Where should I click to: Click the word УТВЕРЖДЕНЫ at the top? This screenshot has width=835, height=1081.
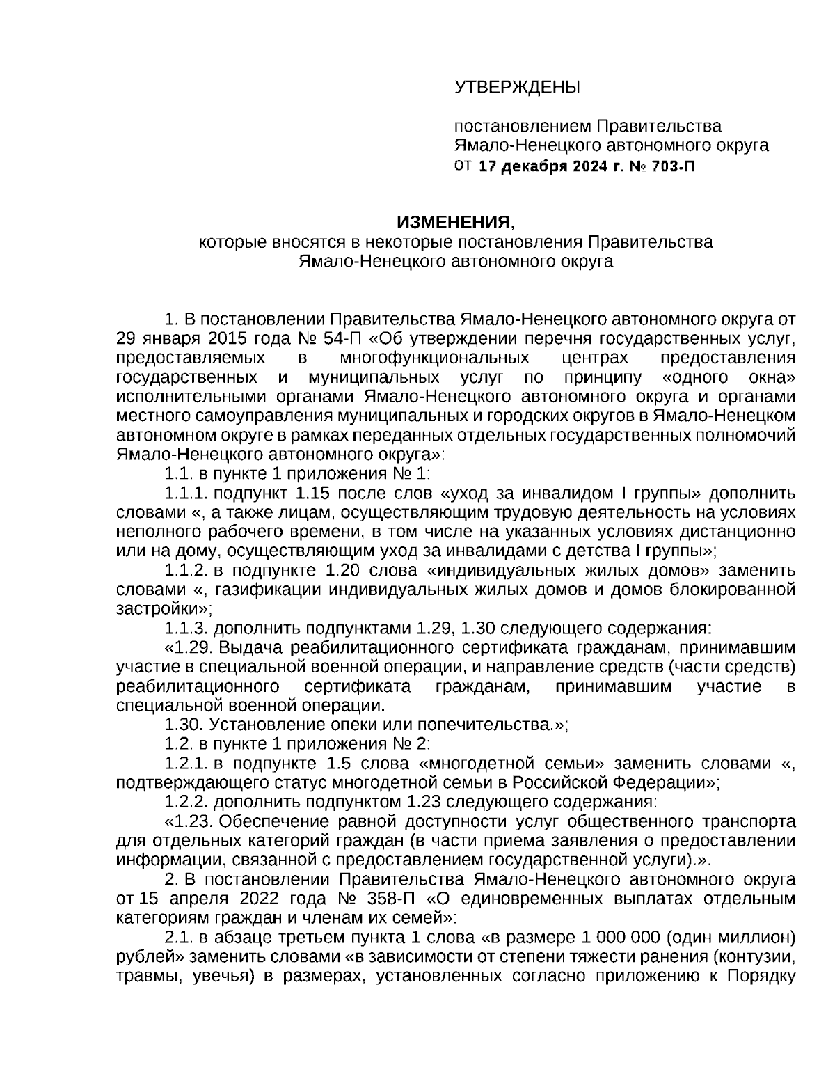pos(516,87)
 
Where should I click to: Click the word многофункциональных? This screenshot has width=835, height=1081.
pos(434,358)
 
